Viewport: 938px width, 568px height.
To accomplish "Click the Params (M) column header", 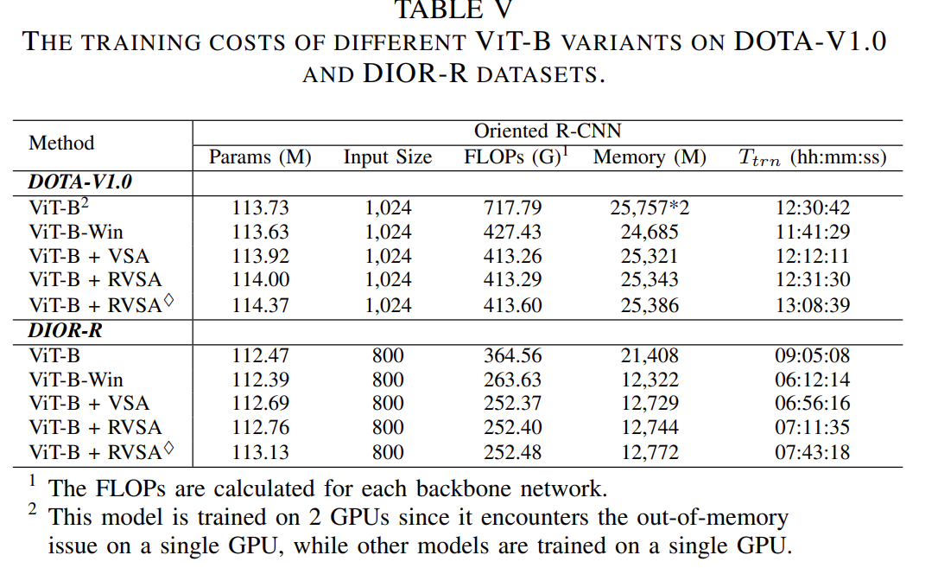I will pyautogui.click(x=260, y=157).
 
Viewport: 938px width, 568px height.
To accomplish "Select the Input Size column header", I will pyautogui.click(x=388, y=157).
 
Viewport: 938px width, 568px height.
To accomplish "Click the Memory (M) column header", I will pyautogui.click(x=650, y=157).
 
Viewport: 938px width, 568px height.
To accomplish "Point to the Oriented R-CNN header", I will pyautogui.click(x=547, y=131).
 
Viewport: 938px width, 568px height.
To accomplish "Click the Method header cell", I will pyautogui.click(x=61, y=144).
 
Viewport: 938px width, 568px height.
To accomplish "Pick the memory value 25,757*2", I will pyautogui.click(x=650, y=207).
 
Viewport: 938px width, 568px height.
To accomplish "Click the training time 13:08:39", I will pyautogui.click(x=812, y=305).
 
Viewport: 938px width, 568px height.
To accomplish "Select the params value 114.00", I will pyautogui.click(x=260, y=280).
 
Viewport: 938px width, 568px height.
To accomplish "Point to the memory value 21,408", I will pyautogui.click(x=650, y=355).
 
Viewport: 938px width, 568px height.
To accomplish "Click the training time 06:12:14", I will pyautogui.click(x=812, y=380).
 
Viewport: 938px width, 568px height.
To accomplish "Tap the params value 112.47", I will pyautogui.click(x=260, y=355).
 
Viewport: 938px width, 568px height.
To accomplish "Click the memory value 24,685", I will pyautogui.click(x=650, y=232).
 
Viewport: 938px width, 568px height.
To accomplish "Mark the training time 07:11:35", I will pyautogui.click(x=812, y=428).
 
